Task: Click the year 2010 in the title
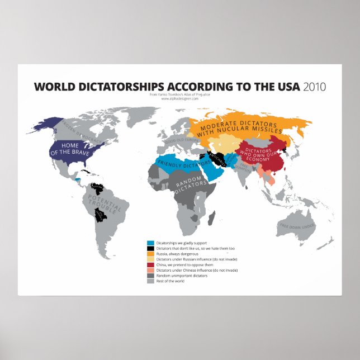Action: click(x=314, y=87)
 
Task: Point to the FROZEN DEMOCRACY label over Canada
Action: click(x=78, y=130)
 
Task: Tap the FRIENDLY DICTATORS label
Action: click(x=179, y=163)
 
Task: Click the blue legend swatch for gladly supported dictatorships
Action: click(x=150, y=244)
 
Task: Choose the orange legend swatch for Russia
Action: click(x=150, y=254)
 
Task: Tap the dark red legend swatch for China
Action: click(x=150, y=265)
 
